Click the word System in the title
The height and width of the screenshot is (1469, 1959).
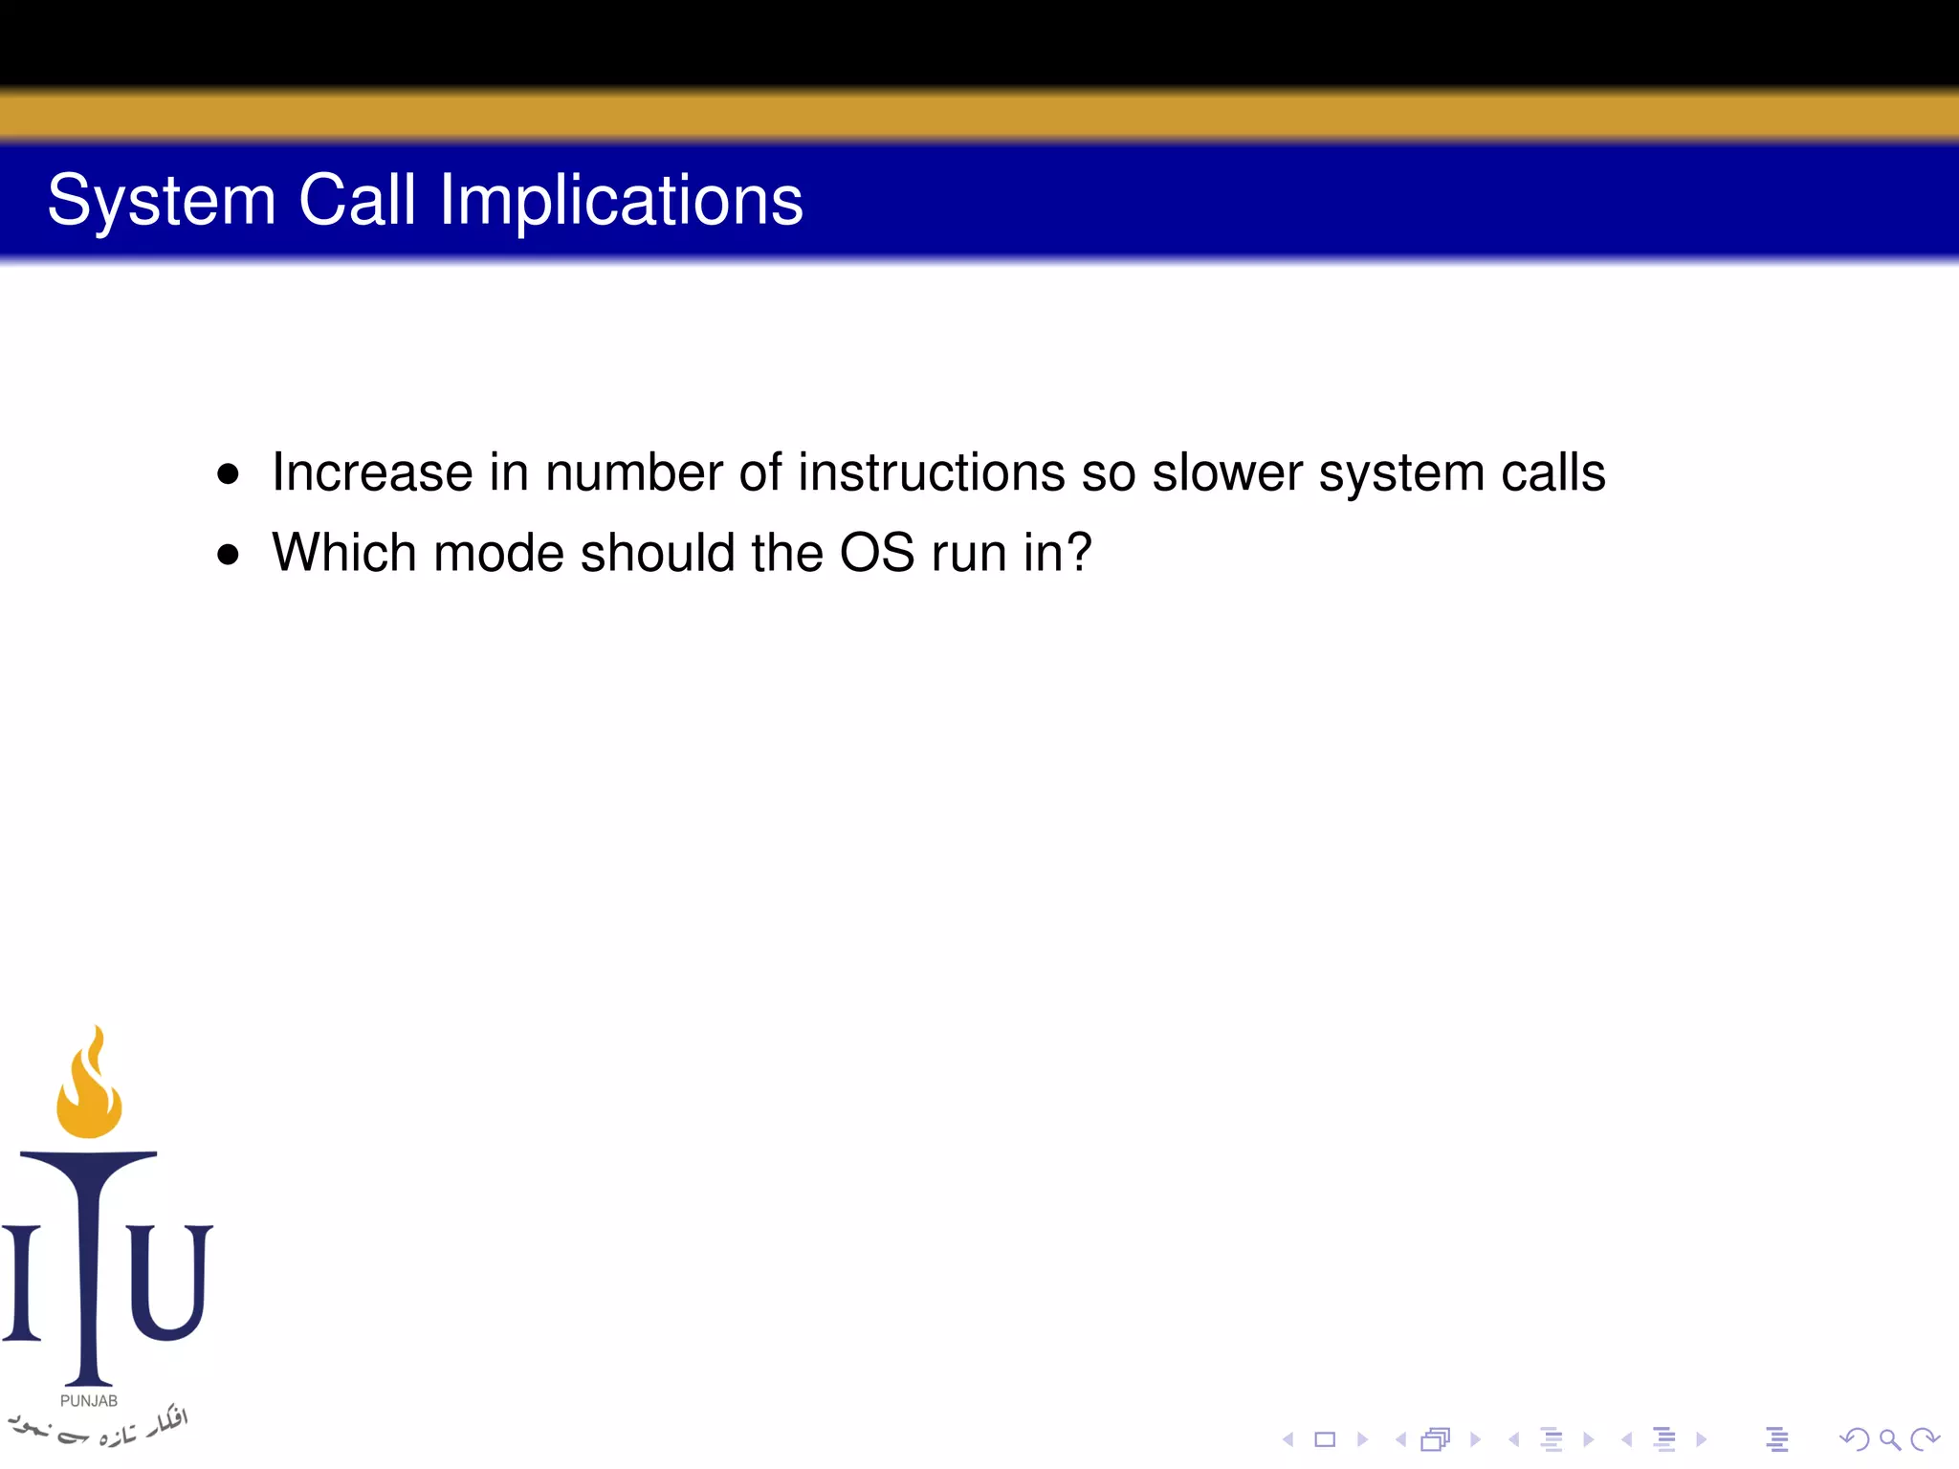[161, 201]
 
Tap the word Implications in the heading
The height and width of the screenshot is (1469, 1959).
[621, 201]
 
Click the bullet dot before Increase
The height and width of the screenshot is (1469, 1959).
[228, 473]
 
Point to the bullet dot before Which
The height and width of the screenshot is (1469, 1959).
[228, 554]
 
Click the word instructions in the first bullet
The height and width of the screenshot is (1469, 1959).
[931, 472]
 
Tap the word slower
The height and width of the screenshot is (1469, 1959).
[1227, 472]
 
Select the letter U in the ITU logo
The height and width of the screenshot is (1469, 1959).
[168, 1282]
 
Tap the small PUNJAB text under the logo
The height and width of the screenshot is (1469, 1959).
[89, 1401]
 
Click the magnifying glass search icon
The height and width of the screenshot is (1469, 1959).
[1889, 1439]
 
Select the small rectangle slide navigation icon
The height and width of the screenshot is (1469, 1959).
[1325, 1439]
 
